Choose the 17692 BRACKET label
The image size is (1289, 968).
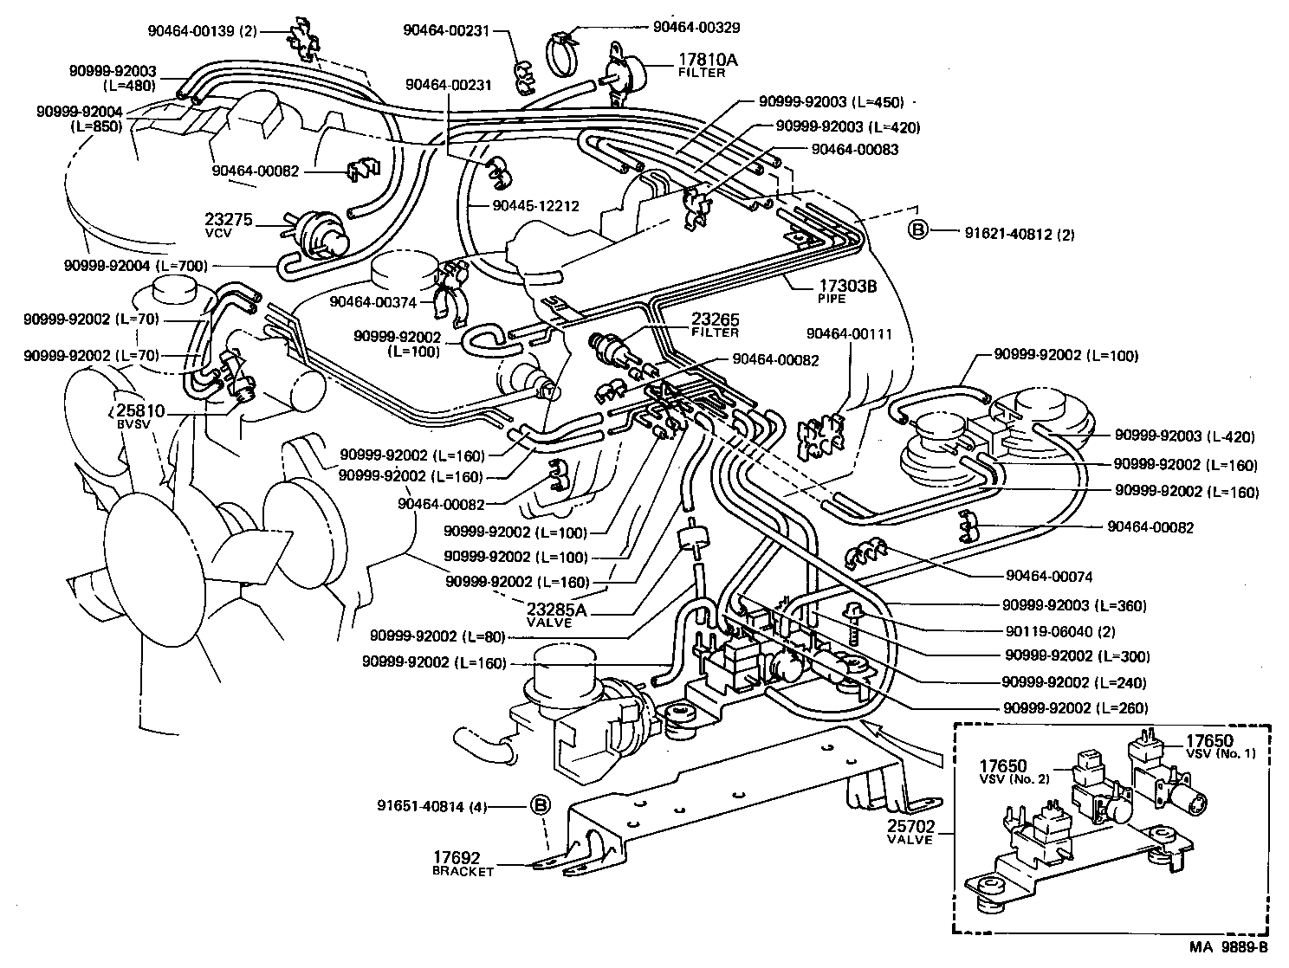(x=463, y=862)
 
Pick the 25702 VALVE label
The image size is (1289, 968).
(x=910, y=832)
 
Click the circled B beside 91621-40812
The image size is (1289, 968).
(x=917, y=229)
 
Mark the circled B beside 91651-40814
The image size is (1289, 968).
(x=540, y=805)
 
